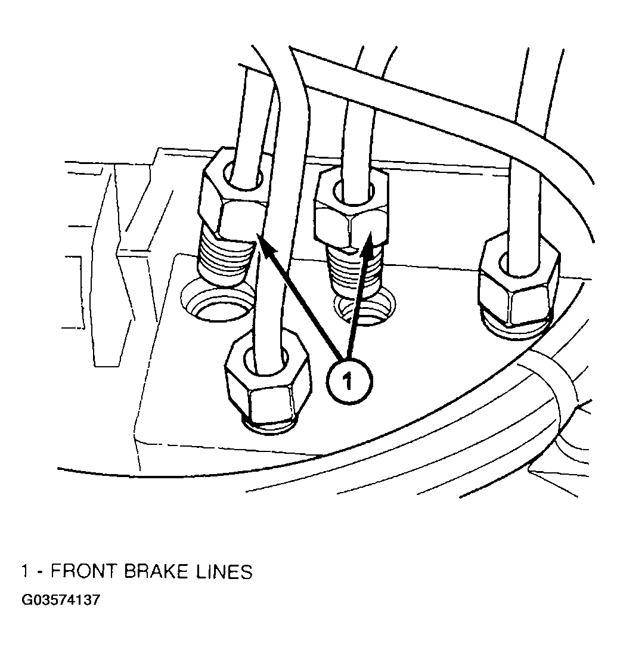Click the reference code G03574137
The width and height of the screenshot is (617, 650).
(61, 600)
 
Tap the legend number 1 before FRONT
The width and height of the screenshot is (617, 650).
(25, 572)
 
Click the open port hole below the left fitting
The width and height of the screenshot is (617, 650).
(218, 301)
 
